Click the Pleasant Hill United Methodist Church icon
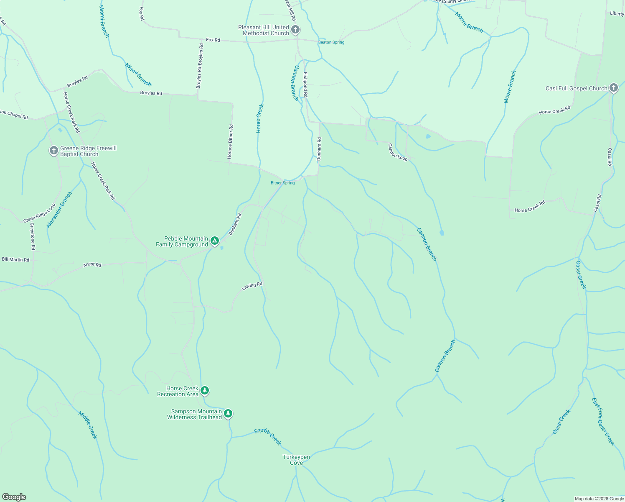[295, 30]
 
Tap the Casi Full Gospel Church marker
[613, 88]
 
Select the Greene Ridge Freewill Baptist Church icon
[53, 151]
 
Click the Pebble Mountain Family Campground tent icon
[214, 241]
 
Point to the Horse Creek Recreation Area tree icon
[204, 391]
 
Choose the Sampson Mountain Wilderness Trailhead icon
[228, 414]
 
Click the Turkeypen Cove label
[296, 460]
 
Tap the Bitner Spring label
[282, 183]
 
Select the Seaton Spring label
[331, 42]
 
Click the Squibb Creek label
[268, 437]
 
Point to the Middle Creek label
[88, 425]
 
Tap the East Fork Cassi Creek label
[603, 421]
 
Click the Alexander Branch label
[59, 210]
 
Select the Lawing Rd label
[252, 286]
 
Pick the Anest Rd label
[92, 265]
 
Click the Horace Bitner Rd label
[230, 141]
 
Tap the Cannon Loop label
[398, 152]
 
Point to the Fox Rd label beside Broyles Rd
[213, 40]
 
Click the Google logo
[14, 497]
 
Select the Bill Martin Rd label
[15, 260]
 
